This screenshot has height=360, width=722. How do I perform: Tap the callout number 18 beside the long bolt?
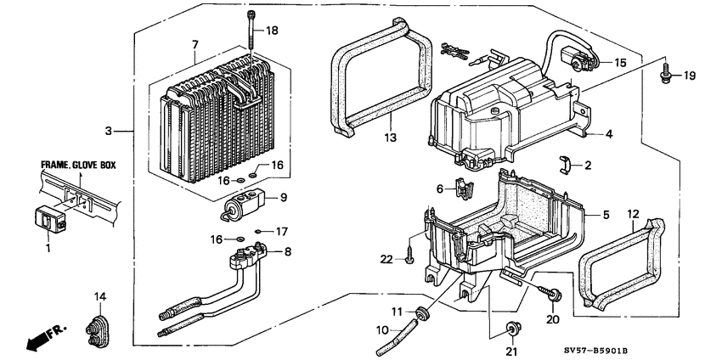click(272, 31)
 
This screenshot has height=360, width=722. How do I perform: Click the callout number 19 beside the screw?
click(689, 76)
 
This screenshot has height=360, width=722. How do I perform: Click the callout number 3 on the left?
click(109, 132)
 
